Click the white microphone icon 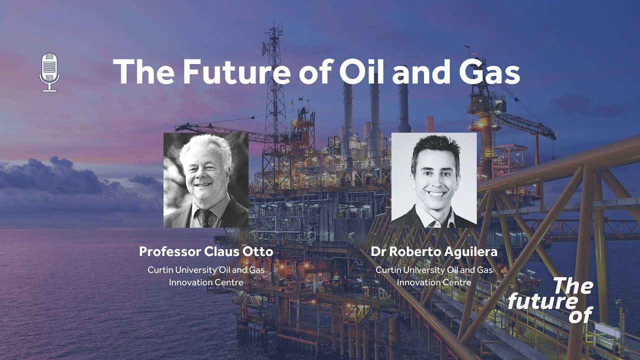[x=49, y=72]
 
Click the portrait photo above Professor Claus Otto [x=206, y=180]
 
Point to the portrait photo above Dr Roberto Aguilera [x=433, y=180]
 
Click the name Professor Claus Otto [x=206, y=251]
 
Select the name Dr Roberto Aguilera [x=433, y=251]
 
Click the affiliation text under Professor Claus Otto [x=206, y=276]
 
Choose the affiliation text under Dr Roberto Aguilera [x=433, y=276]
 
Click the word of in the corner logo [x=580, y=315]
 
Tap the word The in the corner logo [x=572, y=286]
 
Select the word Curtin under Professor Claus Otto [x=160, y=270]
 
